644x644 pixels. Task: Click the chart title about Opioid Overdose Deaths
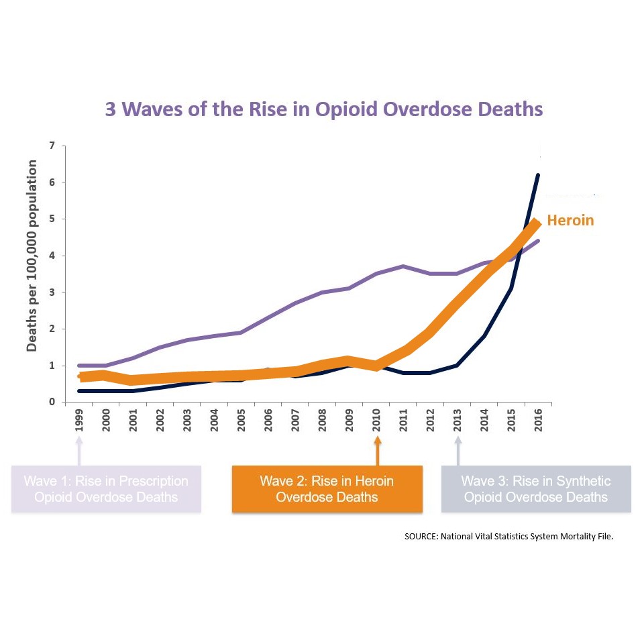[323, 109]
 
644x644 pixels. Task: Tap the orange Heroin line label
[570, 220]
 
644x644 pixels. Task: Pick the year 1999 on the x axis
[79, 421]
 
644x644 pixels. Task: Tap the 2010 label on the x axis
[378, 421]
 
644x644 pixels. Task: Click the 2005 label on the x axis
[242, 421]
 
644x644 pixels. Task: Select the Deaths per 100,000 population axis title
[32, 256]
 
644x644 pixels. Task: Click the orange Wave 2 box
[327, 489]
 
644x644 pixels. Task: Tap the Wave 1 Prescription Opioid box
[106, 489]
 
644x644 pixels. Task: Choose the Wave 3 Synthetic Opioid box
[536, 489]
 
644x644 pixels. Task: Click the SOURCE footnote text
[508, 537]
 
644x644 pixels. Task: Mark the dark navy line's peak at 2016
[538, 176]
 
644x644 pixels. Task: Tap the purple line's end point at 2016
[538, 241]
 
